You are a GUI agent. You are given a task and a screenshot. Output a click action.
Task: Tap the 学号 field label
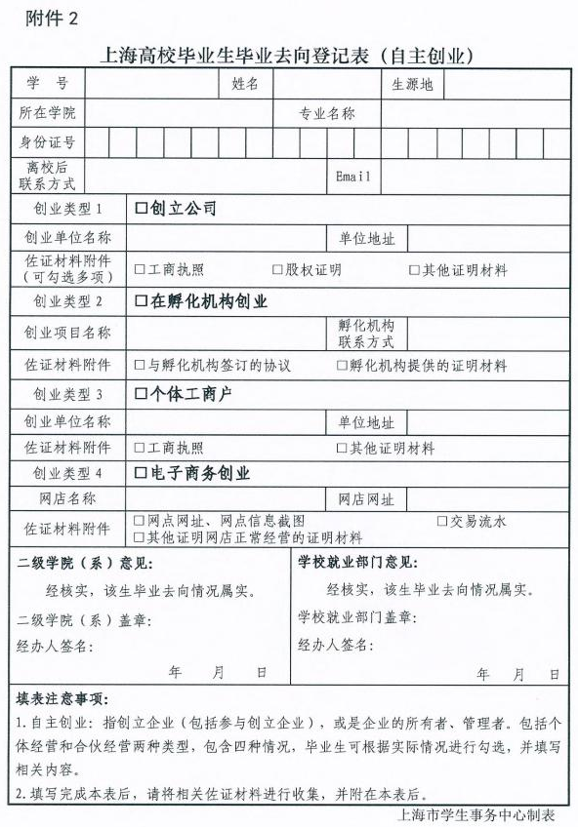pos(48,84)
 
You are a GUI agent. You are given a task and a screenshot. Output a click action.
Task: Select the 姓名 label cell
pos(245,84)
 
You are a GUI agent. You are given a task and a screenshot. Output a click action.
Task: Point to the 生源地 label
pos(412,85)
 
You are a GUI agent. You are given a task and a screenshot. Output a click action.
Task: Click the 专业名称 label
pos(327,114)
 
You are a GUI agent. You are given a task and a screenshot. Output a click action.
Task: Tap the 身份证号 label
pos(47,143)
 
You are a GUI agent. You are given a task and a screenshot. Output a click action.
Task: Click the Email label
pos(352,177)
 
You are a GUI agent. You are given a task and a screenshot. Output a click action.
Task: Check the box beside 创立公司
pos(141,209)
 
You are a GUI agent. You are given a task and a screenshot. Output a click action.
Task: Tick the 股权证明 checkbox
pos(277,270)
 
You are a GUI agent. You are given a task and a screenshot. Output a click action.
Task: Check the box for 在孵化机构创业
pos(141,302)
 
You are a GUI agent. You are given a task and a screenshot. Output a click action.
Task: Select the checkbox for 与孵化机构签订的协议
pos(140,366)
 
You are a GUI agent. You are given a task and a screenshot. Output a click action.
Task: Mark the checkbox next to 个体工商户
pos(141,395)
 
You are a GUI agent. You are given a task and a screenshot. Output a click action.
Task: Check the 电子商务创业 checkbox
pos(141,474)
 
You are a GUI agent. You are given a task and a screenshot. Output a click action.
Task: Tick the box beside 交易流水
pos(442,522)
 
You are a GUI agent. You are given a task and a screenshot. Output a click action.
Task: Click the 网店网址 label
pos(366,499)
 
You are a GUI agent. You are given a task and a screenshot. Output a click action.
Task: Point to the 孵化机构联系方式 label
pos(366,334)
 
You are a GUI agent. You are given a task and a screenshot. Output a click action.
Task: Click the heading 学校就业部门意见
pos(357,563)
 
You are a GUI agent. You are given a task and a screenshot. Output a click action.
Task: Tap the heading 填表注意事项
pos(62,699)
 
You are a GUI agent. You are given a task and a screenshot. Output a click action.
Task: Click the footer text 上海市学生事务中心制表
pos(477,814)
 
